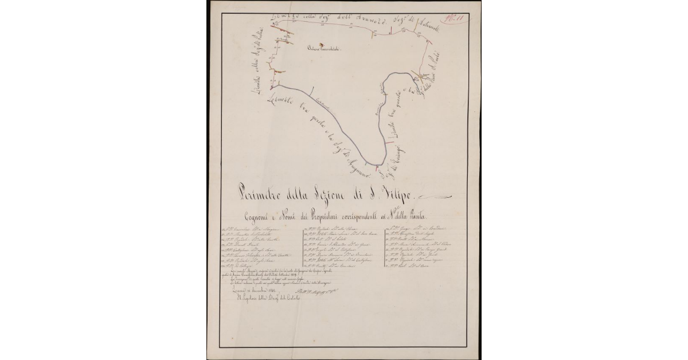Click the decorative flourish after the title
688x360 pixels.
(439, 197)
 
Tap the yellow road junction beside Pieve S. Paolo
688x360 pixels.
(424, 77)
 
